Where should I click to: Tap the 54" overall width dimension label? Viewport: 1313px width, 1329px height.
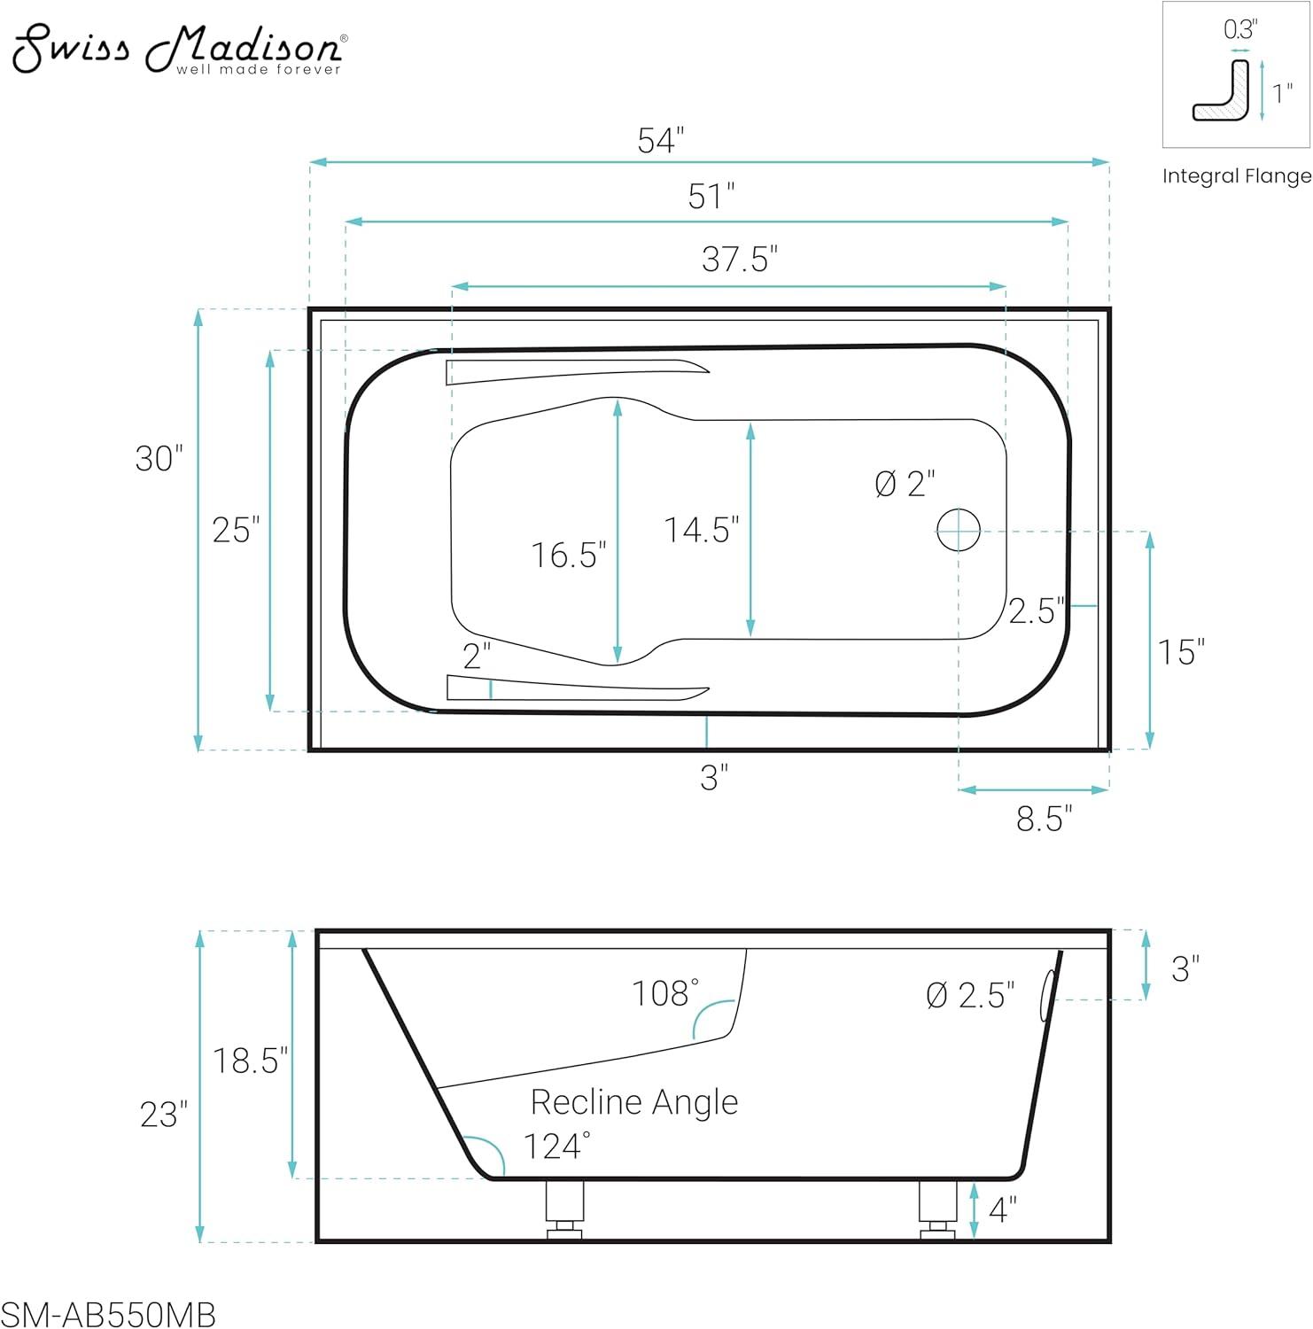[661, 141]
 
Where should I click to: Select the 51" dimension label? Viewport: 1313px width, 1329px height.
[711, 197]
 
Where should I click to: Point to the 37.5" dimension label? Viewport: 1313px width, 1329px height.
[739, 260]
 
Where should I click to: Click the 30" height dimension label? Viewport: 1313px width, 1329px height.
[159, 459]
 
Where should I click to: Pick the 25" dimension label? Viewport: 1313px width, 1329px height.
[236, 530]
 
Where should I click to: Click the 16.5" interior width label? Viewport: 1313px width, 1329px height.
[569, 556]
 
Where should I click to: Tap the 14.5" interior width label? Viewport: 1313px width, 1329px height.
[702, 530]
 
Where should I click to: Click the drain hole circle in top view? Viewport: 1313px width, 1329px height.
[959, 530]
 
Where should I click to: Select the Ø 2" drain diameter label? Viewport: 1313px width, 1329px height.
[905, 484]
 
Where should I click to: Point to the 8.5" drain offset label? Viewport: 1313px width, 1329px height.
[1044, 820]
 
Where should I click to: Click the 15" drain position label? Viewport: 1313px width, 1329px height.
[1181, 653]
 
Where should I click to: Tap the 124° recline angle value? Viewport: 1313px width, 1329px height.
[556, 1146]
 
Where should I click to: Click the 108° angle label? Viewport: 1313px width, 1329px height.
[664, 993]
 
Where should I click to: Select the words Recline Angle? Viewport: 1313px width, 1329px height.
[633, 1102]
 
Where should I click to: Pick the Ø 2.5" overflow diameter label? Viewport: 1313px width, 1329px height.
[970, 996]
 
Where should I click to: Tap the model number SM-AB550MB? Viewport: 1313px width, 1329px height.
[108, 1315]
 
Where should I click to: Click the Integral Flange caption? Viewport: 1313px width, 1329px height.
[1237, 176]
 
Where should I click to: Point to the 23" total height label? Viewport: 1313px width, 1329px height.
[164, 1115]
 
